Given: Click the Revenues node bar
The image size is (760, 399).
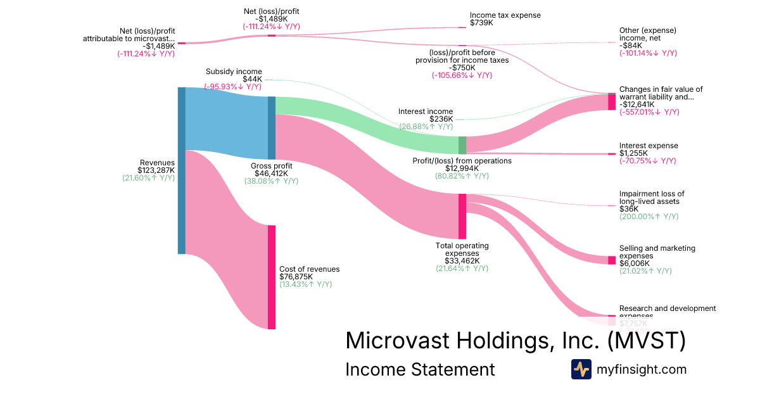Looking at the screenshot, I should tap(182, 170).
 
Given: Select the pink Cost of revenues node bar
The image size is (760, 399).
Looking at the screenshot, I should tap(272, 277).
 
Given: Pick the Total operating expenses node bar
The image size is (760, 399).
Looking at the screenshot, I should tap(462, 217).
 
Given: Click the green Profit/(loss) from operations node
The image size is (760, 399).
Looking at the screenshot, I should tap(462, 145).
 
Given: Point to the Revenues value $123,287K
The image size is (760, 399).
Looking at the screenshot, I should tap(156, 170).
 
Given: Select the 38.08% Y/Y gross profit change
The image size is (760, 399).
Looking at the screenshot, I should tap(271, 181).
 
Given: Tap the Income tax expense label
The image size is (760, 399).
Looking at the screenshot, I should tap(505, 15).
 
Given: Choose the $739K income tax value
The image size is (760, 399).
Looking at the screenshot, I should tap(481, 23).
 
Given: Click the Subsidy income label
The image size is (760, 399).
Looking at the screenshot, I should tap(234, 72).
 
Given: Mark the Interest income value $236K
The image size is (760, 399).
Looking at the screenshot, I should tap(441, 119).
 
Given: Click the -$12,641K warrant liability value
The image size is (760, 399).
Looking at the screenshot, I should tap(640, 104).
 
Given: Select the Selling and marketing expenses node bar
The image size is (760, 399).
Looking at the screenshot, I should tap(612, 260).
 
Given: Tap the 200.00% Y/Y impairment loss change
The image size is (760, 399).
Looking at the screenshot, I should tap(649, 217).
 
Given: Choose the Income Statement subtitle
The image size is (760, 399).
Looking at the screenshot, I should tap(420, 370).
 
